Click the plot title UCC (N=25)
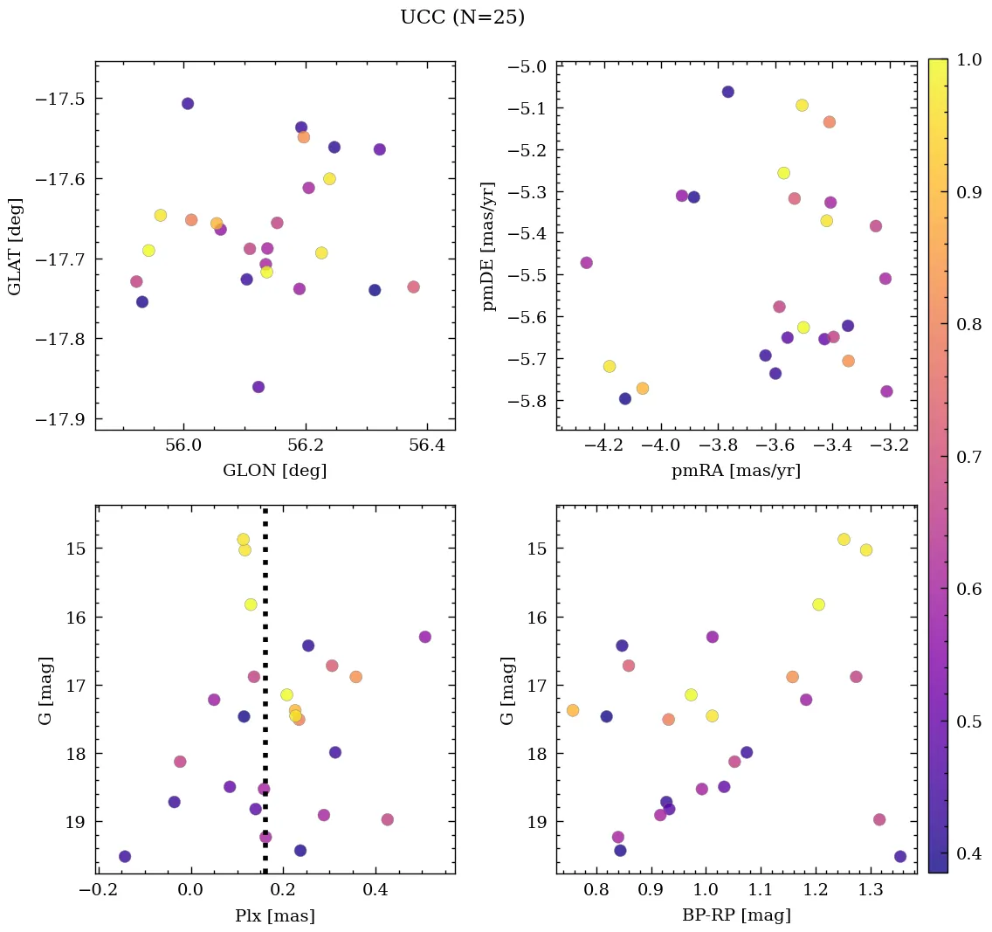coord(462,17)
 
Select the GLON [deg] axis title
coord(275,471)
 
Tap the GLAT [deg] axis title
coord(16,246)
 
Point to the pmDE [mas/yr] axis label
coord(488,246)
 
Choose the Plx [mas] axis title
coord(275,916)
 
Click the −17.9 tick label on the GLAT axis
coord(61,419)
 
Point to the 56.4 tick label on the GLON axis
coord(428,445)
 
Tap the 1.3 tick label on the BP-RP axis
coord(869,890)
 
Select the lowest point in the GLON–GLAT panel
coord(258,387)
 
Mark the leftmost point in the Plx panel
coord(125,856)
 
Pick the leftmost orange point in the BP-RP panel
coord(573,710)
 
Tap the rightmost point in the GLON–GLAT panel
coord(413,287)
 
